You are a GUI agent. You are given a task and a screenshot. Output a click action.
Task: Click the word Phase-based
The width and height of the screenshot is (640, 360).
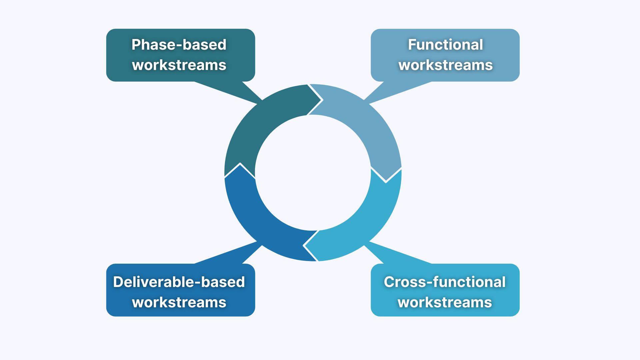179,45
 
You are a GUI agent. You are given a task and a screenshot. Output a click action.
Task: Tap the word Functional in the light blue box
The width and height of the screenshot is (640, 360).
445,45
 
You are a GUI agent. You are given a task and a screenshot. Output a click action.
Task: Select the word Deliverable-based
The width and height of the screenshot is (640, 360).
179,282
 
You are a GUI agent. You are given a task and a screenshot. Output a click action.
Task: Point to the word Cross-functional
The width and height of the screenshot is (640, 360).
445,282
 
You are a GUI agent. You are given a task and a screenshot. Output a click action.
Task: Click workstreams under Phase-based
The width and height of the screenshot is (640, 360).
179,65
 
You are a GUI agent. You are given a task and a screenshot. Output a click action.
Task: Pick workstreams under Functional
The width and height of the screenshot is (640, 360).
445,65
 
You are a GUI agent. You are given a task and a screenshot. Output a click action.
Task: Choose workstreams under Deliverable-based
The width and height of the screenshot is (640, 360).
179,302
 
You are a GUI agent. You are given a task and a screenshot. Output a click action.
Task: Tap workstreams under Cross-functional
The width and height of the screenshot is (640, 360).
445,302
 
